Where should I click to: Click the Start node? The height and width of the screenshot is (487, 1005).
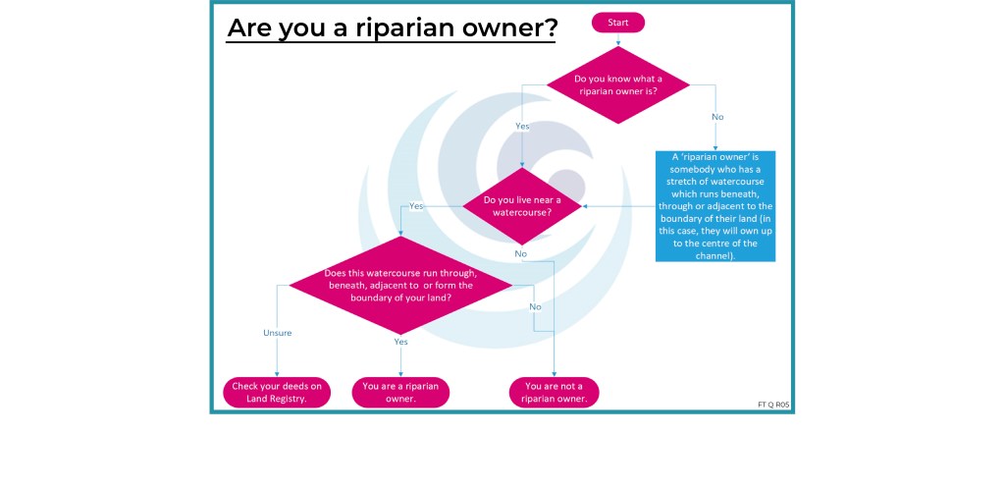pyautogui.click(x=618, y=22)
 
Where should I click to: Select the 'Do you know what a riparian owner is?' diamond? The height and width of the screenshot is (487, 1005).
pyautogui.click(x=618, y=85)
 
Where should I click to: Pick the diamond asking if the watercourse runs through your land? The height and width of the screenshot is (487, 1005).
pyautogui.click(x=400, y=284)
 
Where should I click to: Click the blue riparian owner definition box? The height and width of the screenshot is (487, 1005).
pyautogui.click(x=715, y=205)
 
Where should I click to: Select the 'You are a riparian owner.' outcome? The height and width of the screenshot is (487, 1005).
pyautogui.click(x=400, y=392)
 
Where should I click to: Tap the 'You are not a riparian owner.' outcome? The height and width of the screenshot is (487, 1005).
pyautogui.click(x=555, y=392)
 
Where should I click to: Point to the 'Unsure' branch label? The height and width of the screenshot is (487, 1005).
pyautogui.click(x=277, y=333)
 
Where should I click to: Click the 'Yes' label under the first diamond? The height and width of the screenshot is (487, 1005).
pyautogui.click(x=522, y=126)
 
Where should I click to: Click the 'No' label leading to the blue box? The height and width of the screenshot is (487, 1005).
pyautogui.click(x=717, y=117)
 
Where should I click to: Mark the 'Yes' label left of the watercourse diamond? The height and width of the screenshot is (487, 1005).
pyautogui.click(x=416, y=206)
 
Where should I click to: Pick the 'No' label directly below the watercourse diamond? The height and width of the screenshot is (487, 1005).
pyautogui.click(x=520, y=253)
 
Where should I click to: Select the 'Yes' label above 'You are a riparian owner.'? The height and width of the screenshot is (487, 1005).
pyautogui.click(x=400, y=342)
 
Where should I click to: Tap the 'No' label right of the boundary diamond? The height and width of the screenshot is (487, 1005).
pyautogui.click(x=536, y=306)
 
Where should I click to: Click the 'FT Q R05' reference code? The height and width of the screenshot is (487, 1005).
pyautogui.click(x=773, y=404)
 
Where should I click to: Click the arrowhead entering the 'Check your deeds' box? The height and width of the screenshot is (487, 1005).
pyautogui.click(x=277, y=374)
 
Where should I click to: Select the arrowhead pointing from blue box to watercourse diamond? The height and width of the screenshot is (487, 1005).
pyautogui.click(x=584, y=206)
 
